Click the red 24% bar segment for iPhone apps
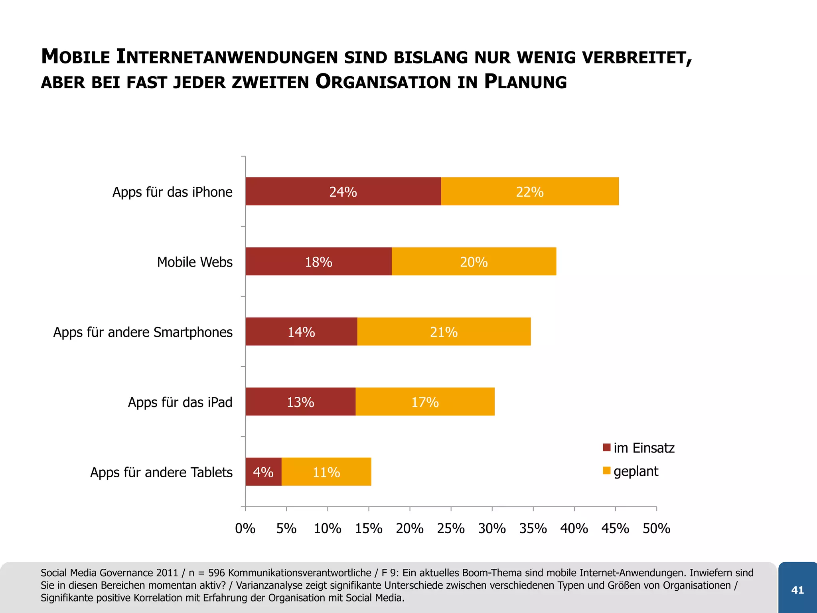click(343, 192)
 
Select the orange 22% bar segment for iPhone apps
click(530, 192)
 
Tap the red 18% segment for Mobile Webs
click(318, 261)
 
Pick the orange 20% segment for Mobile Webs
click(474, 261)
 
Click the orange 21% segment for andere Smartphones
click(444, 332)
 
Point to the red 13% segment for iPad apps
click(300, 401)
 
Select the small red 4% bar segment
click(263, 472)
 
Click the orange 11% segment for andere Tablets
click(326, 472)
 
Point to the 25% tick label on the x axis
click(451, 528)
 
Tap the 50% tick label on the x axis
click(656, 528)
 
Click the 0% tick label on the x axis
click(245, 528)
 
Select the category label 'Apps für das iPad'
click(180, 402)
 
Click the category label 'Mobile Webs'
click(195, 262)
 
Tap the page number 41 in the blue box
click(797, 590)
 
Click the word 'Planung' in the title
click(525, 82)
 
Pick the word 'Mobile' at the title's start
click(76, 57)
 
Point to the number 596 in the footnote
click(217, 573)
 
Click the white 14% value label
click(301, 332)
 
